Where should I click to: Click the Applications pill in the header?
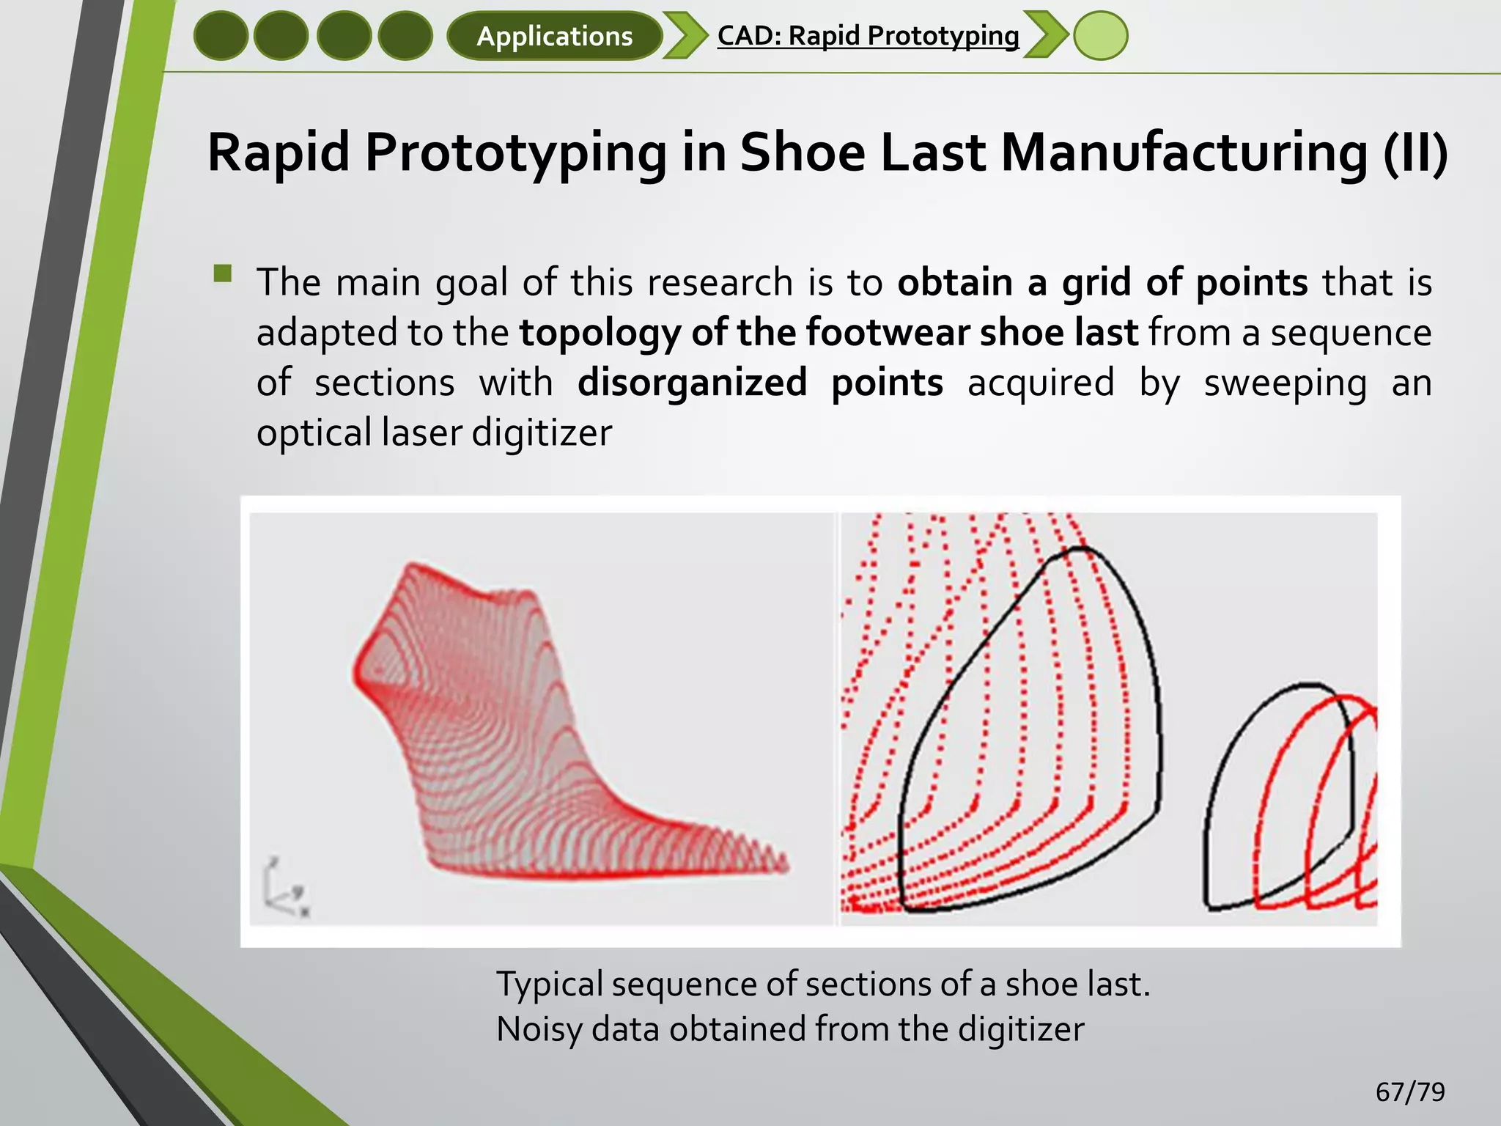coord(554,36)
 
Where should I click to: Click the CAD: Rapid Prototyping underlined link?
coord(868,35)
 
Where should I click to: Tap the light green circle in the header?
coord(1100,36)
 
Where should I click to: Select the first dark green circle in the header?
coord(221,36)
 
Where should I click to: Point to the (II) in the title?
coord(1415,152)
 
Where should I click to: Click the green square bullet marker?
coord(223,274)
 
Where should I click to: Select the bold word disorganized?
coord(692,383)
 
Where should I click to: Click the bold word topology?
coord(600,332)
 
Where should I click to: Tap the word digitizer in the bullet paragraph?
coord(541,433)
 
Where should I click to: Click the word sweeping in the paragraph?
coord(1286,383)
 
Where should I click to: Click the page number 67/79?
coord(1409,1092)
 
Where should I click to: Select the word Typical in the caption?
coord(550,985)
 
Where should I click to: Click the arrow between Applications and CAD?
coord(685,36)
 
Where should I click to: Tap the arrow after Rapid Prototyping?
coord(1045,36)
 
